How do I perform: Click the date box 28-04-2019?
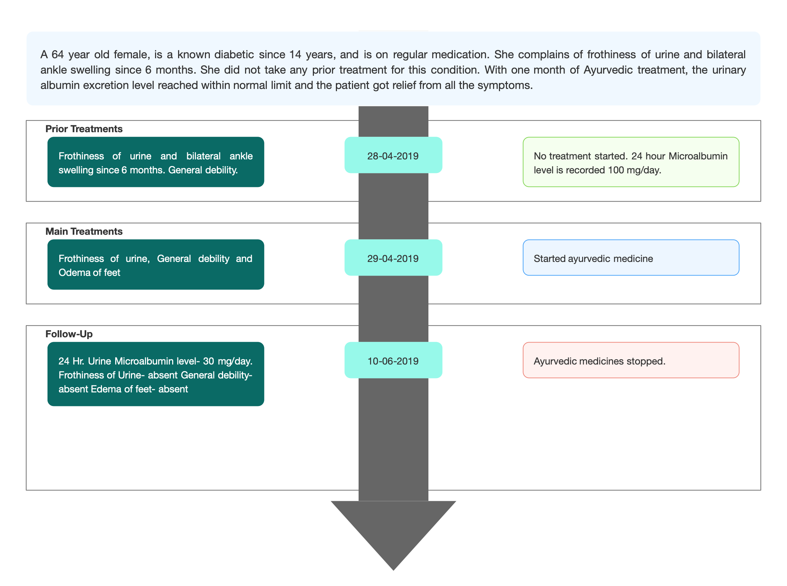[393, 155]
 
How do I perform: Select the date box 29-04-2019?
[393, 257]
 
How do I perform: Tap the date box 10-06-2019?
[393, 360]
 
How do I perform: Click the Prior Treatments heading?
[84, 129]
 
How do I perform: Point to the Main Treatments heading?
[84, 231]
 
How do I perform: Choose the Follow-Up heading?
[69, 334]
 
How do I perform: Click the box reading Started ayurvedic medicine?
[631, 257]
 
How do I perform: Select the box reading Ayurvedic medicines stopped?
[631, 360]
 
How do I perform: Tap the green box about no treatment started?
[631, 162]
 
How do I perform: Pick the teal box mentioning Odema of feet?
[156, 265]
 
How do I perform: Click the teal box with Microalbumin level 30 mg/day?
[156, 374]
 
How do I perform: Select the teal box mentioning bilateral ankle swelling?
[156, 162]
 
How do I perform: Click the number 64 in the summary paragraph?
[58, 54]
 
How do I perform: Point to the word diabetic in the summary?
[234, 54]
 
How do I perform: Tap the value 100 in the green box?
[616, 170]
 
